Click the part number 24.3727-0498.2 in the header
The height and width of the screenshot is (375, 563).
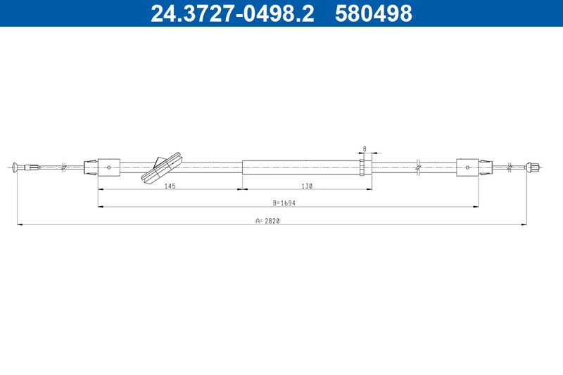232,13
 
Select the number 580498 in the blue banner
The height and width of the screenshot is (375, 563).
374,13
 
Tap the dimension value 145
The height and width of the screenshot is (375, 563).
170,186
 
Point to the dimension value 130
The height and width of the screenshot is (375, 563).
307,186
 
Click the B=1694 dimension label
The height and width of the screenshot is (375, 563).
284,203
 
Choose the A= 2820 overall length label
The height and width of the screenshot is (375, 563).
267,221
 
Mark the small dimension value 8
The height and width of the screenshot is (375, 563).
365,148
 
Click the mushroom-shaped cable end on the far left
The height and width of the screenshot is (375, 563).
14,167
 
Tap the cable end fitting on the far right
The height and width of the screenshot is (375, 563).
533,167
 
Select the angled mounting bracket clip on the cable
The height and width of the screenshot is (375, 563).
163,167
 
